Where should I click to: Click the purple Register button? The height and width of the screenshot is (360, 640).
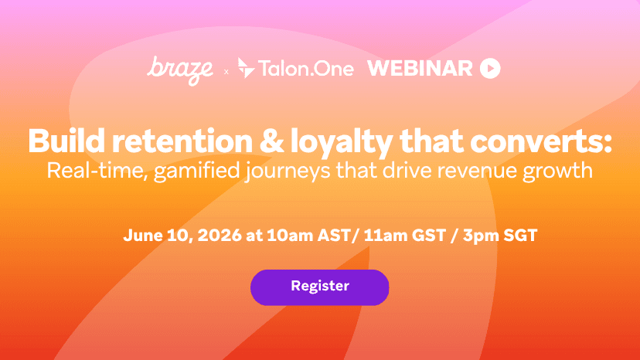pyautogui.click(x=319, y=287)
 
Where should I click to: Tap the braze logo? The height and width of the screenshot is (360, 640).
pyautogui.click(x=180, y=70)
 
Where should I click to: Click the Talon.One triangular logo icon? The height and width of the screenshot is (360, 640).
pyautogui.click(x=246, y=68)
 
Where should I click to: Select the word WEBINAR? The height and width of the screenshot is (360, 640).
pyautogui.click(x=420, y=68)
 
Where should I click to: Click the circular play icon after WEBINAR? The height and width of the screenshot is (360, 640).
pyautogui.click(x=490, y=68)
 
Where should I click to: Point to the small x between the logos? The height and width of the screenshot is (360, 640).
pyautogui.click(x=226, y=72)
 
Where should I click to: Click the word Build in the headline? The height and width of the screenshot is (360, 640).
pyautogui.click(x=66, y=141)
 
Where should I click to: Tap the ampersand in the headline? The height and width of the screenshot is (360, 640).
pyautogui.click(x=272, y=141)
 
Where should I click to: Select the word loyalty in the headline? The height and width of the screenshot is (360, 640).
pyautogui.click(x=341, y=143)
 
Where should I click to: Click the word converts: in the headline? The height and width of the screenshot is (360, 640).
pyautogui.click(x=541, y=141)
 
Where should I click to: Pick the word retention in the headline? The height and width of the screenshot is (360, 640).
pyautogui.click(x=182, y=141)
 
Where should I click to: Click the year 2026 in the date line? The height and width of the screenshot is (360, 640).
pyautogui.click(x=220, y=236)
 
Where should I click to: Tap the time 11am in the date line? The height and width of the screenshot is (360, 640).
pyautogui.click(x=385, y=236)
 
